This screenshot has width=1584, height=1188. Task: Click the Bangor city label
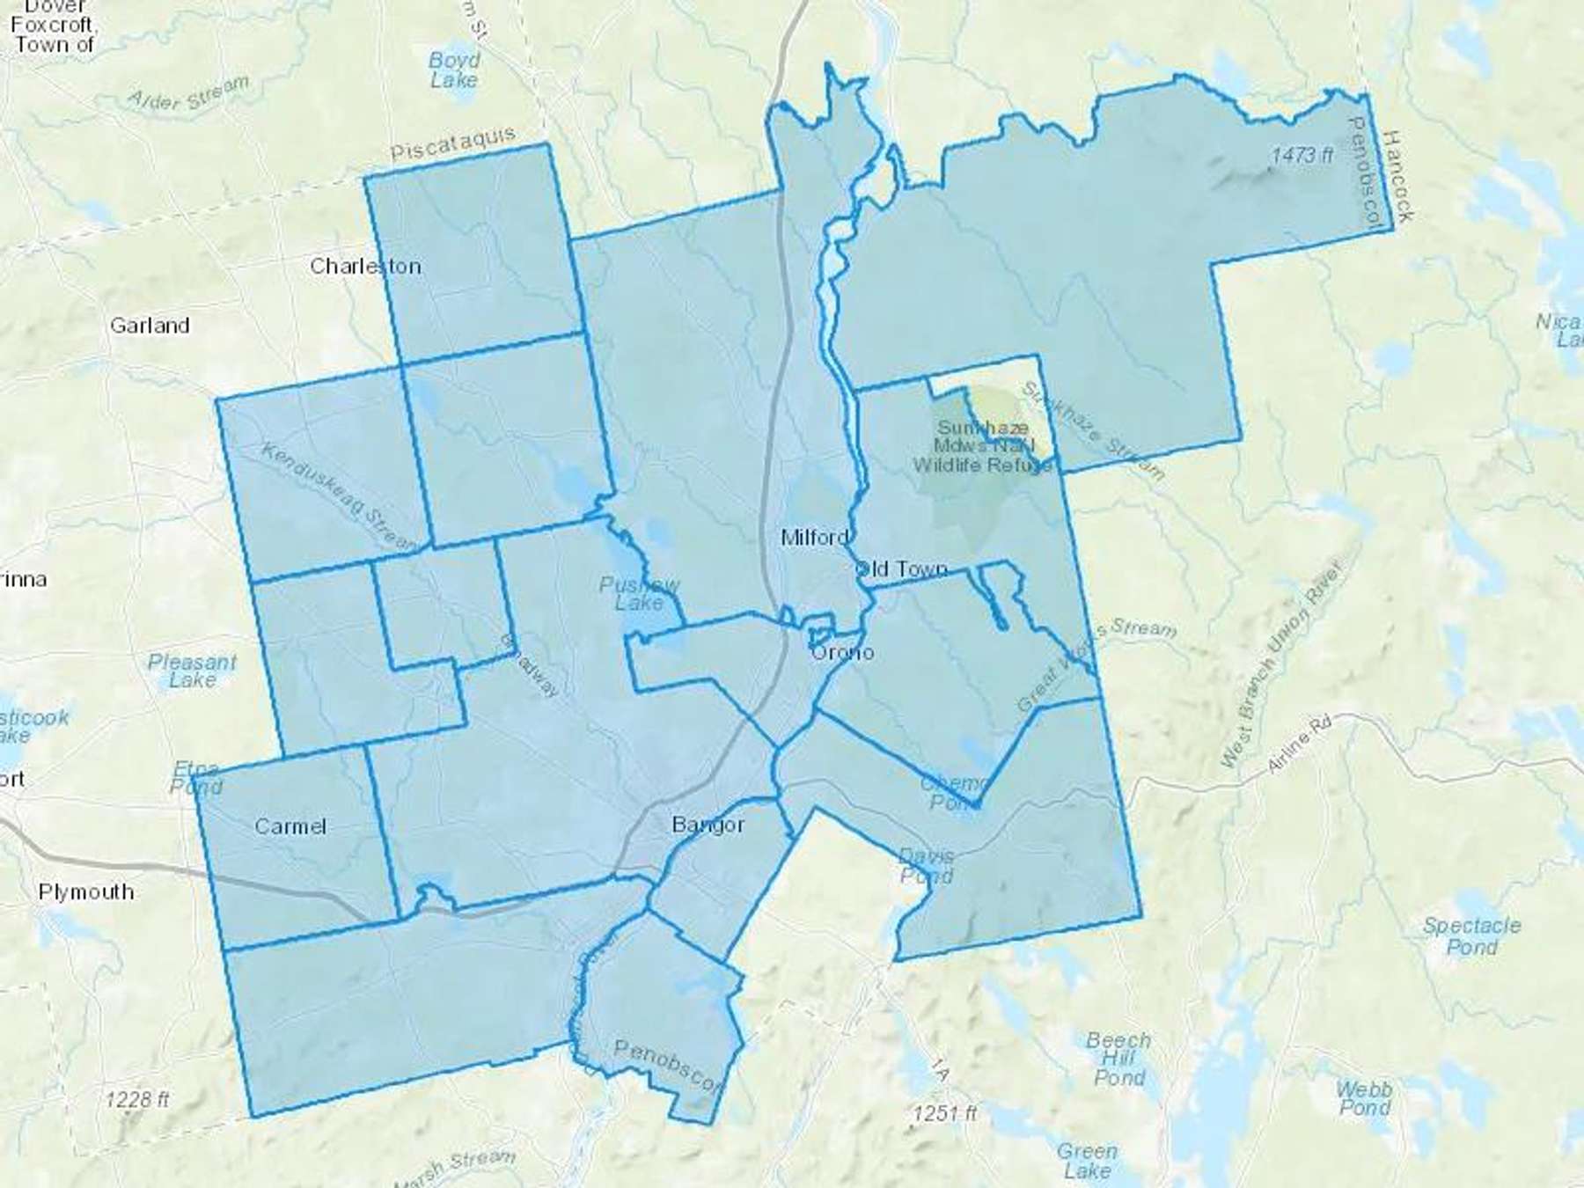[x=708, y=825]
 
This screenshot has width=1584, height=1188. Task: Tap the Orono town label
[x=842, y=652]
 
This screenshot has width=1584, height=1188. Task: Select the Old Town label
[x=901, y=569]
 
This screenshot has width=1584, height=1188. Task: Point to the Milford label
[x=815, y=537]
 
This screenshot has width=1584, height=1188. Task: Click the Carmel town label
[x=290, y=826]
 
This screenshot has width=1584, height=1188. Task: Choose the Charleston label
[x=365, y=266]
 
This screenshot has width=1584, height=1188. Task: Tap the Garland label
[x=150, y=326]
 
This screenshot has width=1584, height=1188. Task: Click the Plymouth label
[x=86, y=891]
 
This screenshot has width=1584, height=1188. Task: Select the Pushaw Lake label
[x=640, y=594]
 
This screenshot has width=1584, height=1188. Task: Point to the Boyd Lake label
[x=454, y=70]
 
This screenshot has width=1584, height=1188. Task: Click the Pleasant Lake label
[x=192, y=671]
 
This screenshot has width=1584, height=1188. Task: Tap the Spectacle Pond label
[x=1472, y=936]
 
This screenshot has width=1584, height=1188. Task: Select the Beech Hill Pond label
[x=1118, y=1059]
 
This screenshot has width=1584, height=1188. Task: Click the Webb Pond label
[x=1364, y=1098]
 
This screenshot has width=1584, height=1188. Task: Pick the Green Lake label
[x=1087, y=1161]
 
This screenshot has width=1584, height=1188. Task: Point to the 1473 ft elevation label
[x=1302, y=156]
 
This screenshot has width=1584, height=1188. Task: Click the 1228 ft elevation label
[x=137, y=1099]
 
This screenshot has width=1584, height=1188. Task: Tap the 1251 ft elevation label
[x=944, y=1113]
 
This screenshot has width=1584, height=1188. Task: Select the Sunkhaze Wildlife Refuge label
[x=982, y=446]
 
